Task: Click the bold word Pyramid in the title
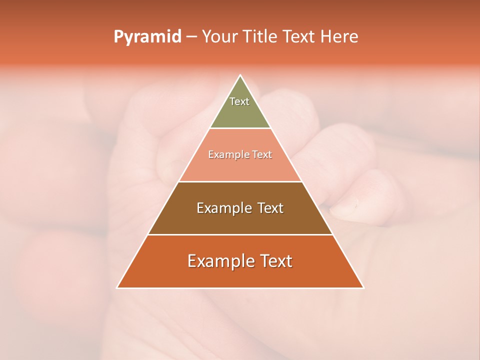[x=147, y=37]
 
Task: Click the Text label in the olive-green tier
[x=239, y=101]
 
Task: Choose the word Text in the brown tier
[x=270, y=208]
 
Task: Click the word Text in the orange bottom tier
[x=275, y=261]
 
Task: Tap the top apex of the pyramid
[x=240, y=76]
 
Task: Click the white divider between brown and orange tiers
[x=240, y=234]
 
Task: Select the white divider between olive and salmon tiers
[x=240, y=128]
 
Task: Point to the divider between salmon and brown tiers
[x=240, y=181]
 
